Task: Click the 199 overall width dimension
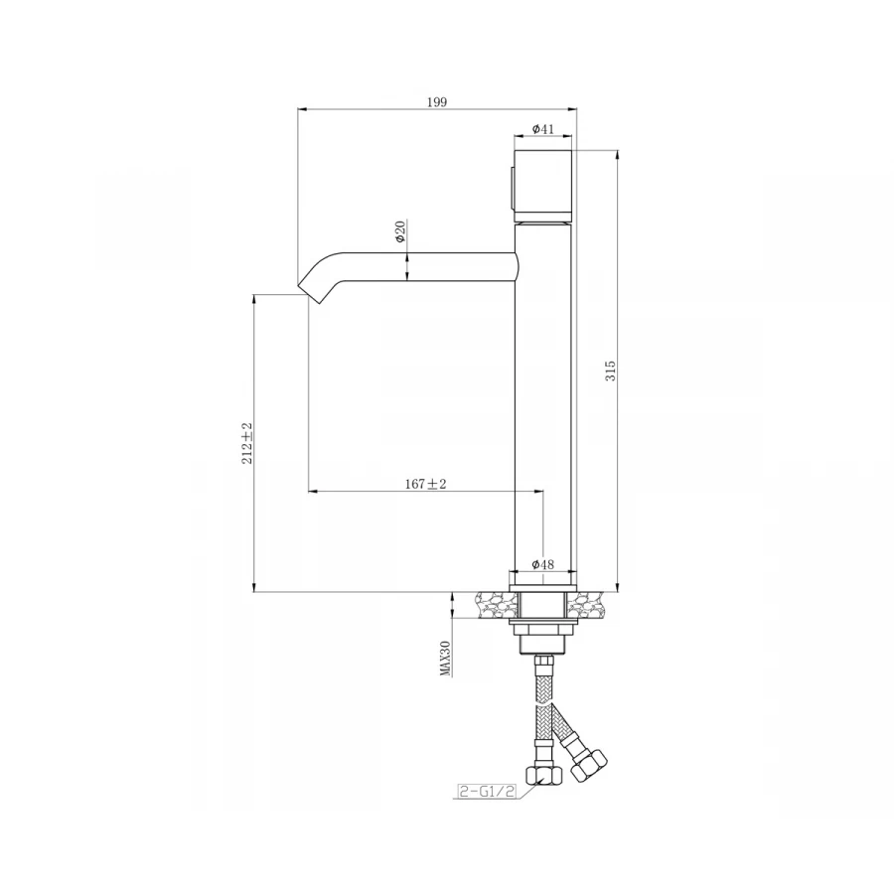click(x=437, y=102)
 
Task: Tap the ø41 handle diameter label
click(x=542, y=129)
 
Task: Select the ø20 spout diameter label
click(x=400, y=231)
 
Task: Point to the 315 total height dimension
click(x=610, y=371)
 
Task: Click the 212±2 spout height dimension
click(x=247, y=443)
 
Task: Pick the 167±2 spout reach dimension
click(x=425, y=484)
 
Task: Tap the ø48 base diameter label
click(x=542, y=564)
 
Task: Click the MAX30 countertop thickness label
click(x=446, y=658)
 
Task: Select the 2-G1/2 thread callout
click(x=488, y=791)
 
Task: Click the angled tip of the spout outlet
click(x=311, y=294)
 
